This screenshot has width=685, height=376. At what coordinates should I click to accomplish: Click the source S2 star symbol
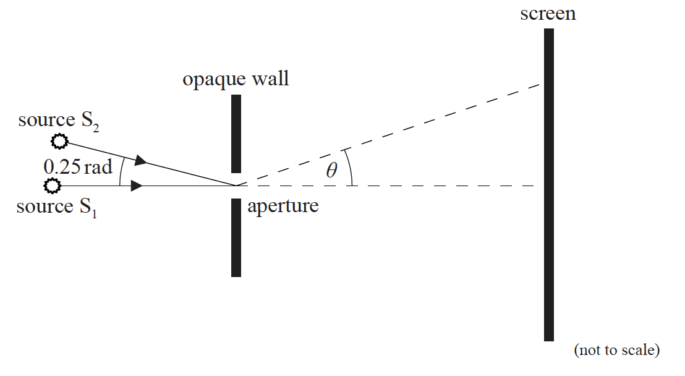[58, 142]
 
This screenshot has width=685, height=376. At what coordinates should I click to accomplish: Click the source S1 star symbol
[53, 185]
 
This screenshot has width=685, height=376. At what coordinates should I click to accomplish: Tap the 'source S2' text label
[59, 120]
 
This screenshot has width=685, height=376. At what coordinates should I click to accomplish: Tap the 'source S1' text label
[57, 207]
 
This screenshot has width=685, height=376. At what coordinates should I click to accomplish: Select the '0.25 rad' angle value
[78, 166]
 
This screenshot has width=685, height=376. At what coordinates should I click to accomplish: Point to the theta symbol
[332, 170]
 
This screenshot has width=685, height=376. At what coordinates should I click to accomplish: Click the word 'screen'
[548, 14]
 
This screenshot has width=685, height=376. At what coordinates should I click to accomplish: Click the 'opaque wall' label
[236, 79]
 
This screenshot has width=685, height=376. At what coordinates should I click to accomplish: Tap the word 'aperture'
[283, 206]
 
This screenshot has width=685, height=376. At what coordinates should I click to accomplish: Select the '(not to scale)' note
[616, 350]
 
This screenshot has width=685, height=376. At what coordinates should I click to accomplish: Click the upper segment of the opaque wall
[236, 134]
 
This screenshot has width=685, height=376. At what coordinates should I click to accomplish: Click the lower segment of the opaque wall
[236, 237]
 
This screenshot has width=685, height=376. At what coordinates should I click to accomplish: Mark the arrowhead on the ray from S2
[141, 161]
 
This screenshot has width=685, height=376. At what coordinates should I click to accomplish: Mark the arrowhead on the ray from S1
[137, 186]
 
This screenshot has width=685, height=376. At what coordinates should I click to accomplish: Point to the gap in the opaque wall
[236, 186]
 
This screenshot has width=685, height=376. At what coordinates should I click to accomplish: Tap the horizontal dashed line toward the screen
[433, 186]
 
